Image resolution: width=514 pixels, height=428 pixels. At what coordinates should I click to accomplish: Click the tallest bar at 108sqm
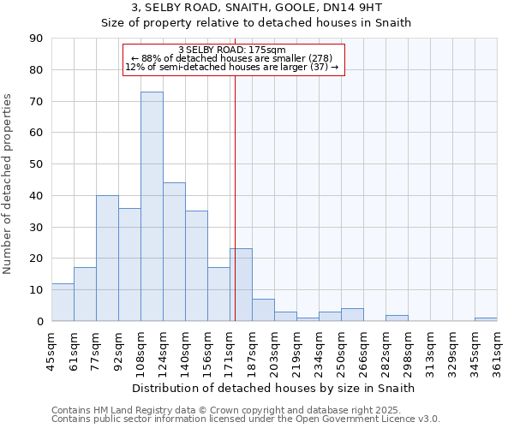pyautogui.click(x=152, y=206)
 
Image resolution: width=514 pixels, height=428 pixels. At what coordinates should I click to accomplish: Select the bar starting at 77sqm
pyautogui.click(x=107, y=258)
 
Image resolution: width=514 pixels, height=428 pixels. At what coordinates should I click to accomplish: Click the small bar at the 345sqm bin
pyautogui.click(x=486, y=319)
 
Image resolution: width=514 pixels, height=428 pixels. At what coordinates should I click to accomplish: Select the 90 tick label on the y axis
pyautogui.click(x=36, y=39)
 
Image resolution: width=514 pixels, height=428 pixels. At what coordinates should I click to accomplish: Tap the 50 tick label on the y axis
pyautogui.click(x=36, y=164)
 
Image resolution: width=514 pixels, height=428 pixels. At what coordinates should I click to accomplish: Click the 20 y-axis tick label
pyautogui.click(x=36, y=259)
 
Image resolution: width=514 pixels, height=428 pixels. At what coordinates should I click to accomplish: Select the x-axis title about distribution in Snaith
pyautogui.click(x=274, y=388)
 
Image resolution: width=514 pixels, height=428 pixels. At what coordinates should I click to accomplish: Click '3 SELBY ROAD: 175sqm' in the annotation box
pyautogui.click(x=232, y=51)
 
